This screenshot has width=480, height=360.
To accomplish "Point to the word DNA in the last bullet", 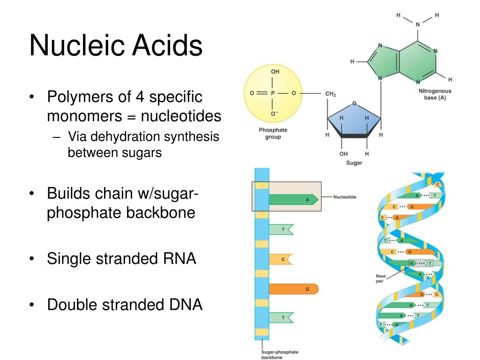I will [185, 305].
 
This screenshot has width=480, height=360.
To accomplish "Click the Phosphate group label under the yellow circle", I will [273, 134].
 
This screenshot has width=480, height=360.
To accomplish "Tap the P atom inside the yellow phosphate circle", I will [273, 93].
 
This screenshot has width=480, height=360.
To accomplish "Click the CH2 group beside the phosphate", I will [330, 94].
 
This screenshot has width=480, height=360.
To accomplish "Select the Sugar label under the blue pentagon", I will [354, 164].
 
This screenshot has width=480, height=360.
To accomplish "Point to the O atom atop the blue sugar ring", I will [354, 103].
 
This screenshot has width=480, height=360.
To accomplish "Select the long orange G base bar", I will [294, 289].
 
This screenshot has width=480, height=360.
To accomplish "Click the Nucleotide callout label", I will [345, 197].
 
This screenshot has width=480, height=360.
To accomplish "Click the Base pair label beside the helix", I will [380, 278].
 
